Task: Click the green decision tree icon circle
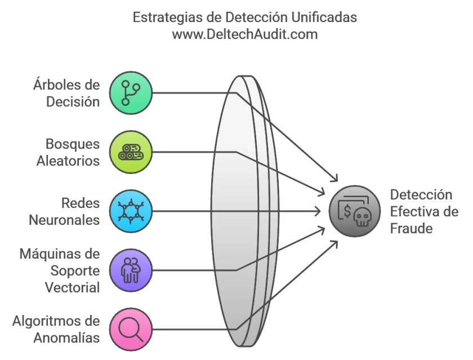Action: pyautogui.click(x=130, y=93)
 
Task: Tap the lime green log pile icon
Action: pyautogui.click(x=130, y=152)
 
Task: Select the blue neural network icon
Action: pyautogui.click(x=130, y=211)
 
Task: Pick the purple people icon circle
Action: pyautogui.click(x=130, y=270)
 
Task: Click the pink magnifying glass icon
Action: pyautogui.click(x=130, y=330)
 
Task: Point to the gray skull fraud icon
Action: pyautogui.click(x=352, y=211)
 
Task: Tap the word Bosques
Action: pyautogui.click(x=73, y=144)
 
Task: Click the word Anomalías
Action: pyautogui.click(x=66, y=337)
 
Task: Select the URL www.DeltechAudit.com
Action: pyautogui.click(x=244, y=34)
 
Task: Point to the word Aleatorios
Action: pyautogui.click(x=68, y=161)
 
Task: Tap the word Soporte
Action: pyautogui.click(x=75, y=270)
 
